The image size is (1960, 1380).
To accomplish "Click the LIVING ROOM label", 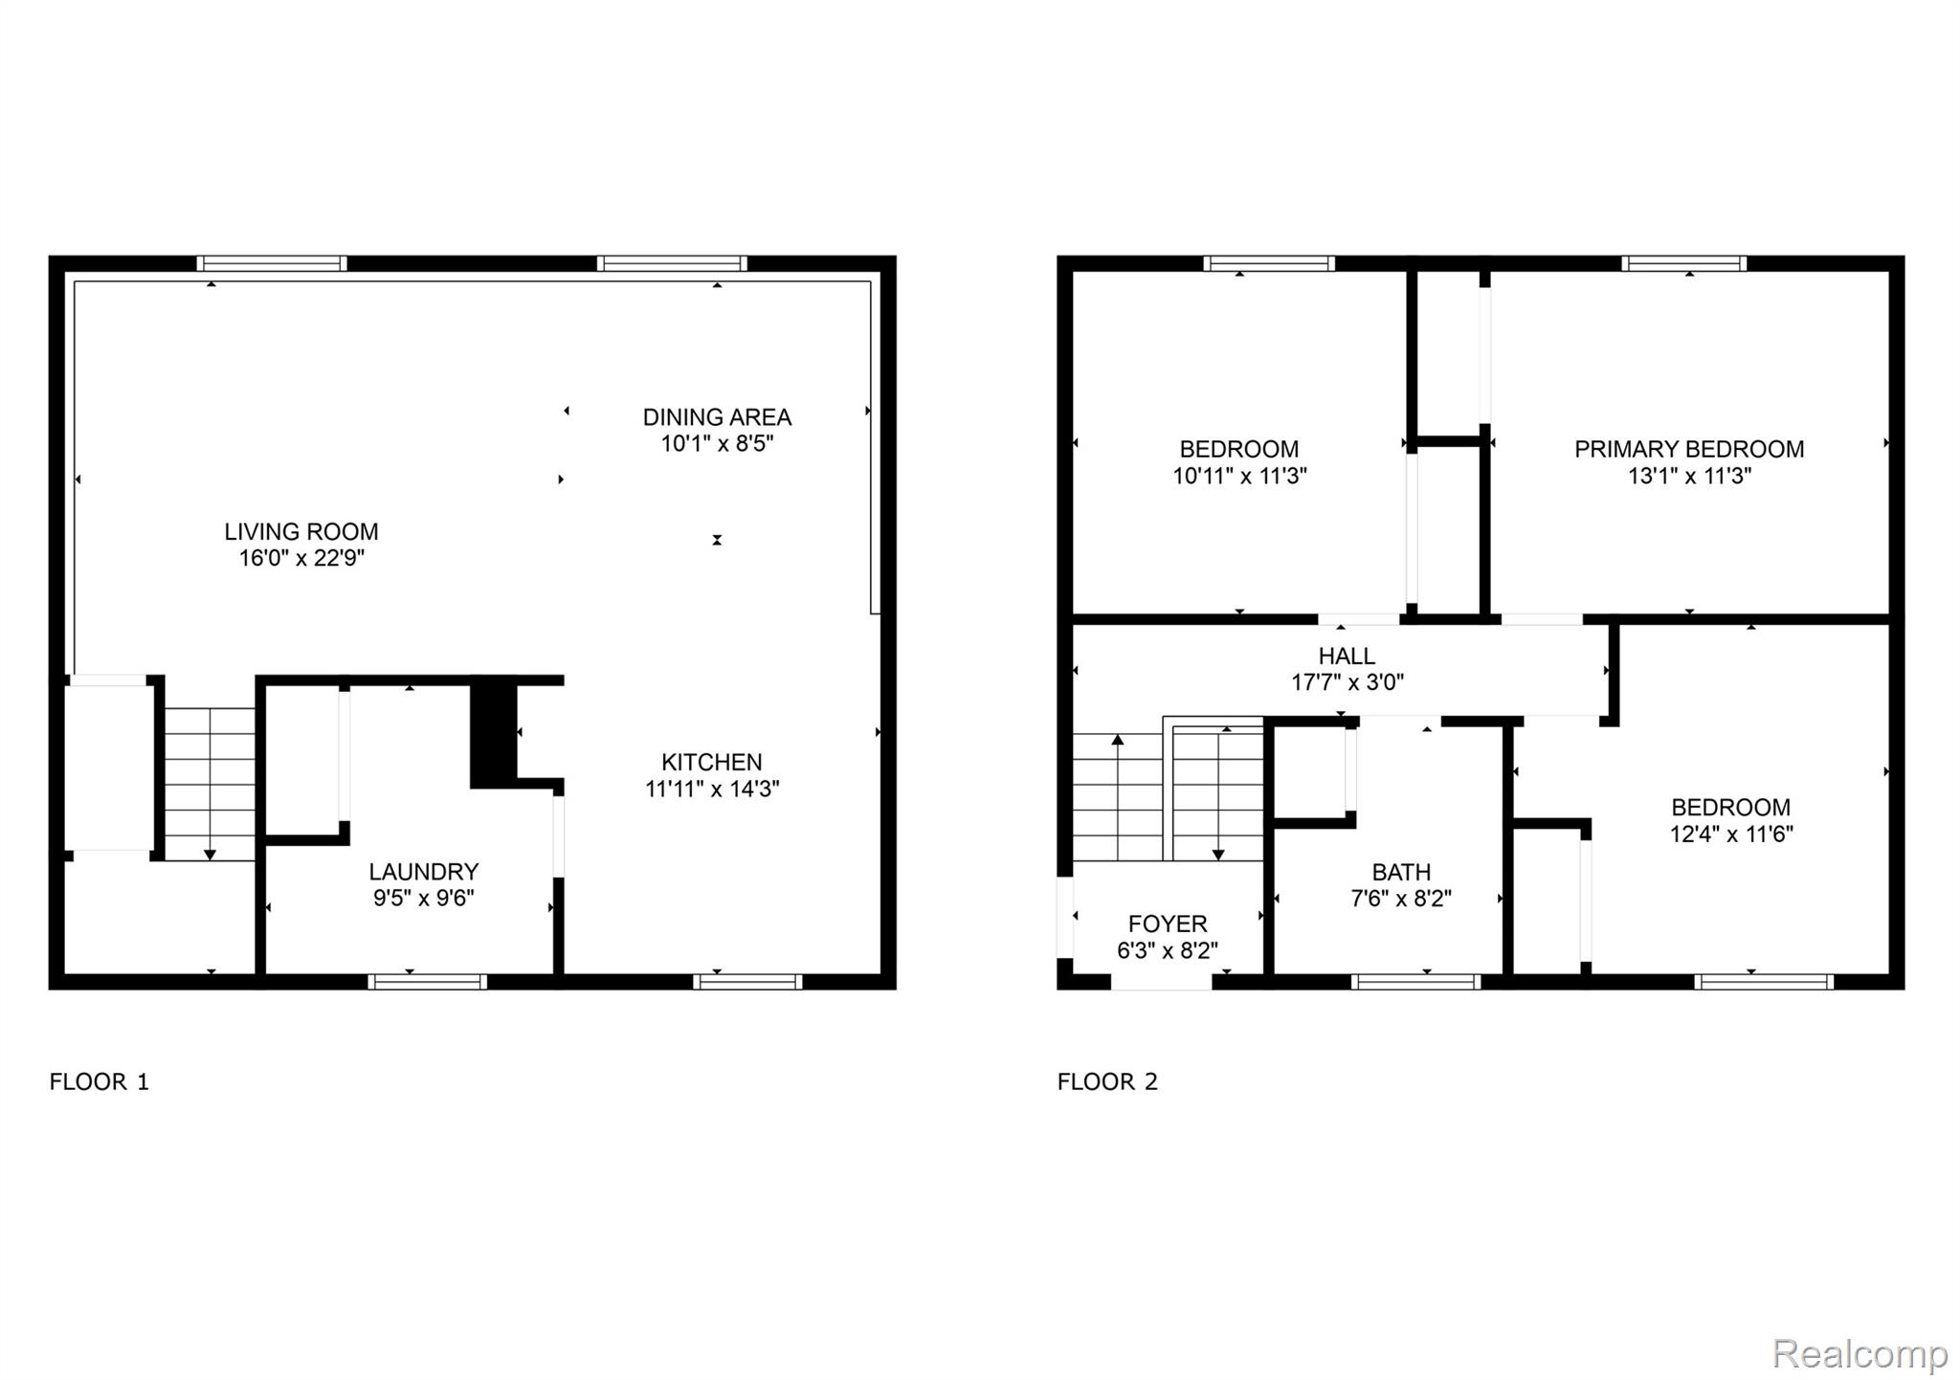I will (x=301, y=531).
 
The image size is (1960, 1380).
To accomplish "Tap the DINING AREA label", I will (x=717, y=417).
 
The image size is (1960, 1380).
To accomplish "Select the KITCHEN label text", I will (x=711, y=762).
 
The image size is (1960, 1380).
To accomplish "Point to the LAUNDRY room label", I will (x=423, y=871).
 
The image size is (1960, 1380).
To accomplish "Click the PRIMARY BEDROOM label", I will (x=1689, y=449).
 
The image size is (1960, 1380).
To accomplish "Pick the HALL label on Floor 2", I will (x=1347, y=656).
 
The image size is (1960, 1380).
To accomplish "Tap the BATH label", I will (x=1401, y=872).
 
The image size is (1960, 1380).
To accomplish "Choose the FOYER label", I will (x=1168, y=924).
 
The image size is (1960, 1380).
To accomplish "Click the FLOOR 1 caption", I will (x=100, y=1081).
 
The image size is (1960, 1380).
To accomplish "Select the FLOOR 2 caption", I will (x=1107, y=1081).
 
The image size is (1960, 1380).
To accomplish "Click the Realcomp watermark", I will (x=1859, y=1353).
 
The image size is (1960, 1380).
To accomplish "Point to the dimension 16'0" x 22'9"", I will (x=301, y=558).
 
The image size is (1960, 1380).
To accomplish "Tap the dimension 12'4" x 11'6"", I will (x=1731, y=834).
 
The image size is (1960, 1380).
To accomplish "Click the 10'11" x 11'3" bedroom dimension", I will (x=1239, y=476).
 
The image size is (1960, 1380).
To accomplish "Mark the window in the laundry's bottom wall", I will (x=428, y=981).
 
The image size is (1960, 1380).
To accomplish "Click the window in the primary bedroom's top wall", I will (x=1683, y=263).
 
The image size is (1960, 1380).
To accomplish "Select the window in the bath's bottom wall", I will (x=1415, y=981).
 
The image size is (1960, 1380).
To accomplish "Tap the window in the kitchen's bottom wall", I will (x=747, y=981).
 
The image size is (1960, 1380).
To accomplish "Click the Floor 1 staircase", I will (x=210, y=784).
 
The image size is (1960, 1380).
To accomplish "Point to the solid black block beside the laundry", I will (x=493, y=732).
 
